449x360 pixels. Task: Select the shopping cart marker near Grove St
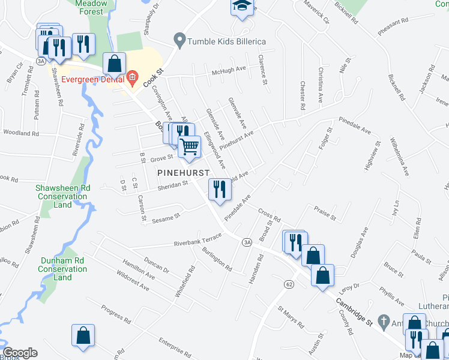click(190, 146)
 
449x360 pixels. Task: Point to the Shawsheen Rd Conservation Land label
click(63, 196)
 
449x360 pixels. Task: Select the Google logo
click(20, 352)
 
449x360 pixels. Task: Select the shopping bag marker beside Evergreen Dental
click(113, 64)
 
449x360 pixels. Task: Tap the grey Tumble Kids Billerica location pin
click(178, 41)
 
